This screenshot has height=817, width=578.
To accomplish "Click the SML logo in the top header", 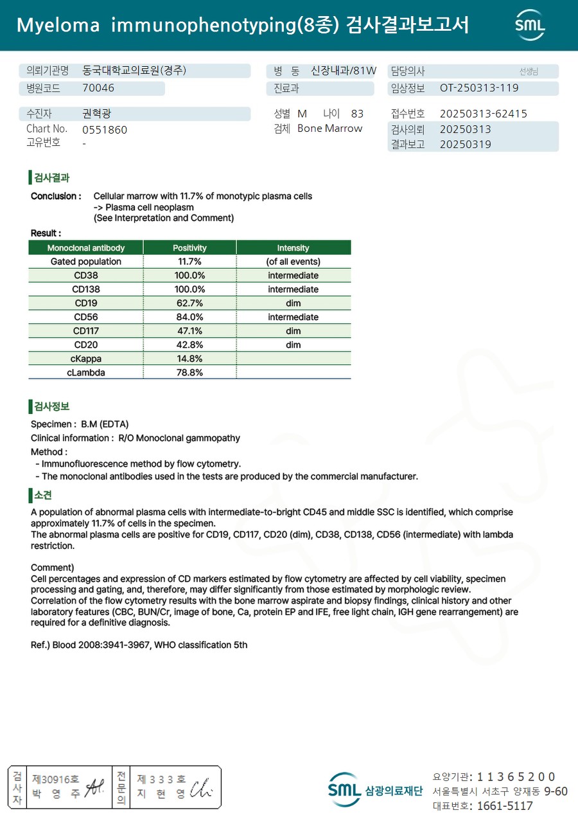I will tap(530, 25).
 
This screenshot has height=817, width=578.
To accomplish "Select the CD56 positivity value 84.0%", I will tap(189, 317).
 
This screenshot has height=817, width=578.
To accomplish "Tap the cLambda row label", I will tap(86, 373).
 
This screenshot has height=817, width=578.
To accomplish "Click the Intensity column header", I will tap(293, 247).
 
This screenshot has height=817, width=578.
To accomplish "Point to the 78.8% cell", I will tap(189, 373).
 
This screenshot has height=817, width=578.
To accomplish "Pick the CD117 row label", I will tap(86, 331).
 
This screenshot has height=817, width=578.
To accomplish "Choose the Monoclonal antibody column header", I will tap(86, 247).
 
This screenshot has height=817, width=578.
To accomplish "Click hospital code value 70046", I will tap(98, 88).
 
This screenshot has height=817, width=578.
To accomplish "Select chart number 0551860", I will tap(105, 130).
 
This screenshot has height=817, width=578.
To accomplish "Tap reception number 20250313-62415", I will tap(484, 114).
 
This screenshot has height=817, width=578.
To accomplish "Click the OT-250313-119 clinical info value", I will tap(479, 88).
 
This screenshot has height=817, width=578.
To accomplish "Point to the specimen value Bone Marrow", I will tap(329, 129).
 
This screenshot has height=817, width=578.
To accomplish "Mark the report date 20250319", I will tap(466, 145).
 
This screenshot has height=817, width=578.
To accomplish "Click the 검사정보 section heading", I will tap(51, 406).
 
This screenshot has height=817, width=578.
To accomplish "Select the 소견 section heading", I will tap(43, 495).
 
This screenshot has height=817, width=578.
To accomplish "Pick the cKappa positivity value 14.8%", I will tap(189, 359).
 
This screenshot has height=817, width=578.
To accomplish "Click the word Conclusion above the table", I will tap(56, 196).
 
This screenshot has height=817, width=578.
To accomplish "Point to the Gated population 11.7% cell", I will tap(189, 262).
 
